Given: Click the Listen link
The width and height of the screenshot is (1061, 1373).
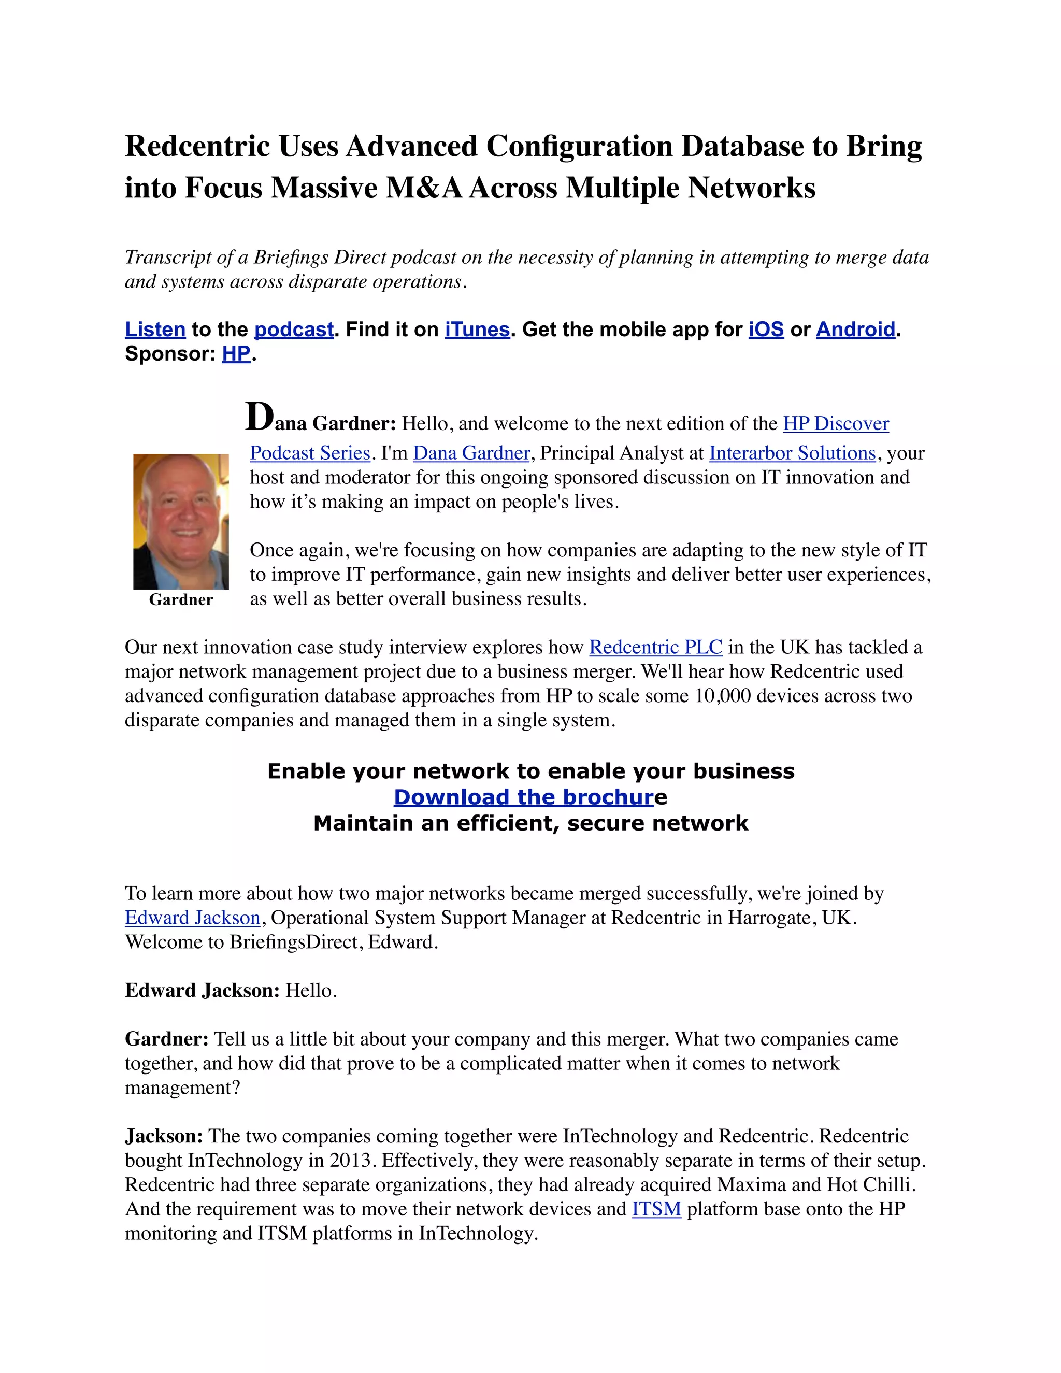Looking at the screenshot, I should tap(155, 330).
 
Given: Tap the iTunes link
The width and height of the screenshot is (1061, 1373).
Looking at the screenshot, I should tap(477, 330).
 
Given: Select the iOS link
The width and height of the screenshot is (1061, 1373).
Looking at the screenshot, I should tap(766, 330).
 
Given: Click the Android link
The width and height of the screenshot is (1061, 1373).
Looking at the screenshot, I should tap(855, 330).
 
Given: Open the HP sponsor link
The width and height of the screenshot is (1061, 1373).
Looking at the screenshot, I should tap(236, 354).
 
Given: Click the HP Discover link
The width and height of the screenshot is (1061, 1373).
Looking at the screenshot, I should tap(835, 424).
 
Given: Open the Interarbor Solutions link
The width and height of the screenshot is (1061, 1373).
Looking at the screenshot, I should tap(792, 453).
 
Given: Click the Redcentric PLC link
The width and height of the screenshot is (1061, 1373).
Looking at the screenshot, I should tap(655, 647).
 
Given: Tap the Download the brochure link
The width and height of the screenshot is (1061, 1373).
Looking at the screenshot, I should tap(524, 797).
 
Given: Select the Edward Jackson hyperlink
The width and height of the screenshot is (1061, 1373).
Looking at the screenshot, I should tap(192, 918).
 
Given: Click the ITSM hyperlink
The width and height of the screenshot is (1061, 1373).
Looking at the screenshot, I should tap(656, 1209).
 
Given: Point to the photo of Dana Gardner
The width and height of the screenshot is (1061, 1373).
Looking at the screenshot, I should tap(181, 521).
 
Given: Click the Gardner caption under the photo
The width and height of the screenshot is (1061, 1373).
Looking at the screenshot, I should tap(181, 600).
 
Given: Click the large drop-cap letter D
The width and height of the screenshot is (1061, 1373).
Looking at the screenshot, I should tap(259, 416).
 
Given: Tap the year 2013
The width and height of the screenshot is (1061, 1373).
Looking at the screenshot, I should tap(351, 1161).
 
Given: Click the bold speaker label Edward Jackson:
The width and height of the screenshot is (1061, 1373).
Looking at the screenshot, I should tap(202, 991).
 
